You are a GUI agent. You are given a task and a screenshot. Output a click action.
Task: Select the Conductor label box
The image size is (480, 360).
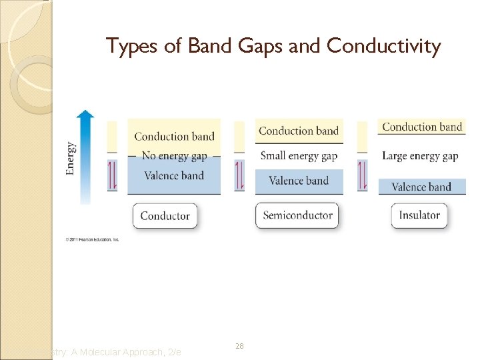[165, 216]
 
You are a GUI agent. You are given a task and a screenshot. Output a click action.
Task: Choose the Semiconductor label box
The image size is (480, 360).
[297, 215]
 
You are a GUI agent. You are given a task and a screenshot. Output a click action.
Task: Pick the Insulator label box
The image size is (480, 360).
[419, 215]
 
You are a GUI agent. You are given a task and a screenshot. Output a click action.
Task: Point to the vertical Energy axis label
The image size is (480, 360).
[70, 158]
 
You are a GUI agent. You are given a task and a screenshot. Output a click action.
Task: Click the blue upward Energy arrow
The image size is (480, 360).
[85, 157]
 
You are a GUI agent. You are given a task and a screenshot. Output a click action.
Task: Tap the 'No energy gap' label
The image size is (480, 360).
[174, 156]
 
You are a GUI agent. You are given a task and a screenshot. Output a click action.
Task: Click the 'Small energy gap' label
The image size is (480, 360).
[299, 156]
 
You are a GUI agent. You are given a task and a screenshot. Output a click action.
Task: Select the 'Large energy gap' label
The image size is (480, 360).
[420, 156]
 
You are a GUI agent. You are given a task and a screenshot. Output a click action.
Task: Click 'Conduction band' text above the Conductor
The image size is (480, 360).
[174, 137]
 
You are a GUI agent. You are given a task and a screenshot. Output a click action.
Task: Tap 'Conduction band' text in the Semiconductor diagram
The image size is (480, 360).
[299, 131]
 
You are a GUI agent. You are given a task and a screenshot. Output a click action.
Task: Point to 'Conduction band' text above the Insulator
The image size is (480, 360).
[422, 127]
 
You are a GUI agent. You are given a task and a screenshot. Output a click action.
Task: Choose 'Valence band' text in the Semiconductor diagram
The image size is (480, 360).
[299, 181]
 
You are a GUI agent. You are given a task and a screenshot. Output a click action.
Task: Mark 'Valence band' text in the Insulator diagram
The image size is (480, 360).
[421, 187]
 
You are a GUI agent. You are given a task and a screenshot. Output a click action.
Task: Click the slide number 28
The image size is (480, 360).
[239, 347]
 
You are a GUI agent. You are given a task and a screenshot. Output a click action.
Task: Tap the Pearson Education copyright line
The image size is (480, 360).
[92, 239]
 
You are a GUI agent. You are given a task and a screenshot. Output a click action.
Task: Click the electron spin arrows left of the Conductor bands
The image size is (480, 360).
[112, 175]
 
